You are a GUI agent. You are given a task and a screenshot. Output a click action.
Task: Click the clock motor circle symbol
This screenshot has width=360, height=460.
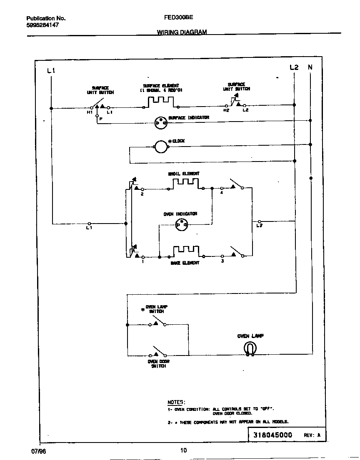161,146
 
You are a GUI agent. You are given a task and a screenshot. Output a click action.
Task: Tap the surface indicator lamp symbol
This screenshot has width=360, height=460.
160,122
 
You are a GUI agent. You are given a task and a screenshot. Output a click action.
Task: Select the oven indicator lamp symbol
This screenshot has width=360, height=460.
181,225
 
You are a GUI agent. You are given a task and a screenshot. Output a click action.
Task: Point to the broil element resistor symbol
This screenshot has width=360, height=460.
186,183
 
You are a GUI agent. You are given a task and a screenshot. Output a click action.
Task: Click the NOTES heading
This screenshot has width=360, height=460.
175,403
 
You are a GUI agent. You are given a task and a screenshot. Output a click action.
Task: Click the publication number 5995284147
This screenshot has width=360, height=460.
42,25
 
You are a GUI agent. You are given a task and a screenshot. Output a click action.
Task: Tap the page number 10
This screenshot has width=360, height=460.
184,450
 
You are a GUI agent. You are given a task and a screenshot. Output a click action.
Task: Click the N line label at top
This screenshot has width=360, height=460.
310,67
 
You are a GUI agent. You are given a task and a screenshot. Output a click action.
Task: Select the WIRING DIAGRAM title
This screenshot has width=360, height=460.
182,32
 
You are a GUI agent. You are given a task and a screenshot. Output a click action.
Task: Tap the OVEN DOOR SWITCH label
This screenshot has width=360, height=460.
158,364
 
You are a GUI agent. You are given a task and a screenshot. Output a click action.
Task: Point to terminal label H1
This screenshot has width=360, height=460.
89,112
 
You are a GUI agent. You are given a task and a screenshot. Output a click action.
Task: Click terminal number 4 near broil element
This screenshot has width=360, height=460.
222,193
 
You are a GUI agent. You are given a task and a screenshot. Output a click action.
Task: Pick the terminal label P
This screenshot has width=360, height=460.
101,119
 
